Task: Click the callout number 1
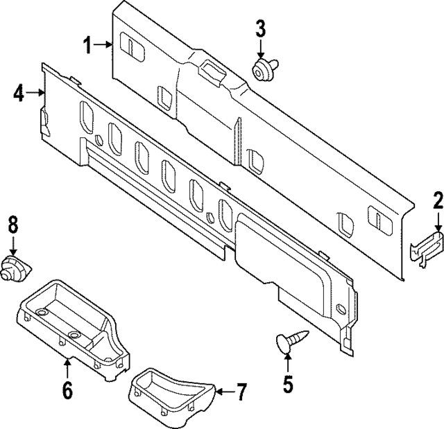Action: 89,46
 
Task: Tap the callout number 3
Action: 260,29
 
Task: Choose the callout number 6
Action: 67,390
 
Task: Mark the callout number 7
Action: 240,393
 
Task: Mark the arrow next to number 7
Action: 221,393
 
